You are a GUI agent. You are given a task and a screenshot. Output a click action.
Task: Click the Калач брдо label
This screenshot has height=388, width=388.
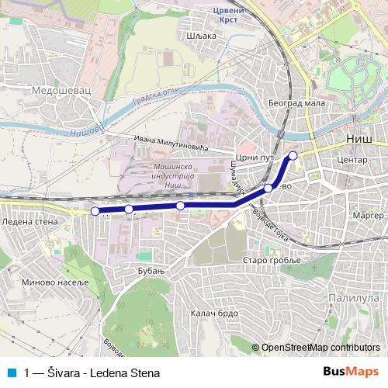point(212,313)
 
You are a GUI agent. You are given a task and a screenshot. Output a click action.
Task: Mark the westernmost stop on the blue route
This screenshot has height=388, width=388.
point(95,211)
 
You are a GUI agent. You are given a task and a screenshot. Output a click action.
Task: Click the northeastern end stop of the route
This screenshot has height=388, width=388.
point(293,156)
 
